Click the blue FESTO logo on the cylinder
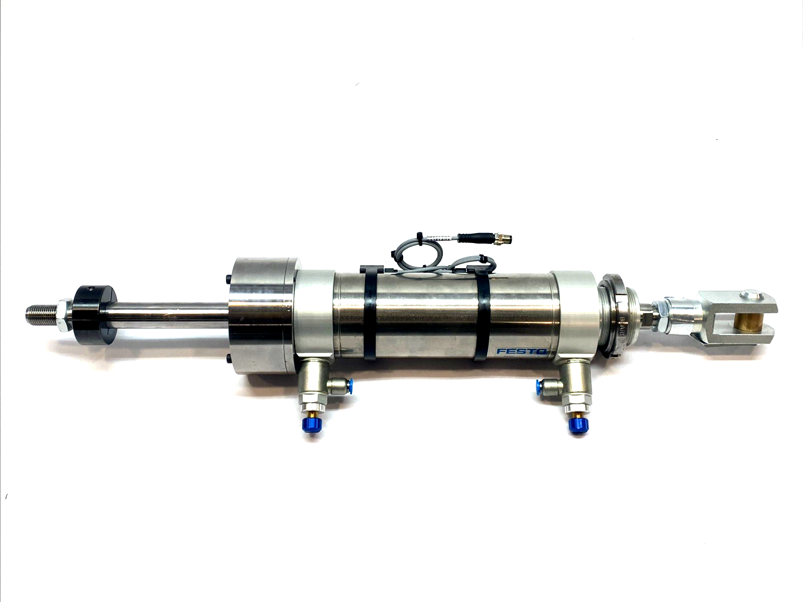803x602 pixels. [521, 351]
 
